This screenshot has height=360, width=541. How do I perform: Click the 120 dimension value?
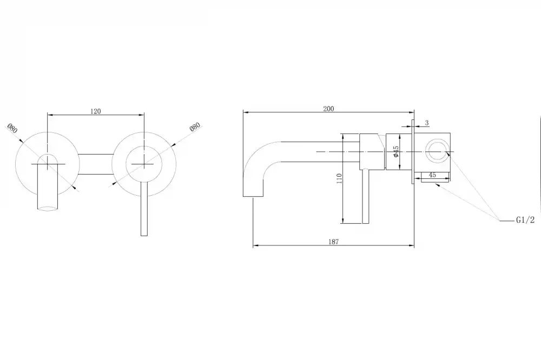click(x=96, y=111)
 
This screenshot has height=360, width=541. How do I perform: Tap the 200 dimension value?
click(x=328, y=109)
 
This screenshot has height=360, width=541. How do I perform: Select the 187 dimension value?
click(x=333, y=242)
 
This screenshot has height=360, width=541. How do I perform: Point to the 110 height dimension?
click(x=339, y=178)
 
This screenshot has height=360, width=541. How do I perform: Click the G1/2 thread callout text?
click(x=525, y=220)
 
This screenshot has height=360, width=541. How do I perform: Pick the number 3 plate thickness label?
click(x=427, y=123)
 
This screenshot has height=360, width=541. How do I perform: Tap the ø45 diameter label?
click(x=396, y=152)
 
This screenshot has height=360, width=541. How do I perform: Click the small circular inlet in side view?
click(x=437, y=152)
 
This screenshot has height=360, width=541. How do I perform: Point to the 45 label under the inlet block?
click(x=432, y=175)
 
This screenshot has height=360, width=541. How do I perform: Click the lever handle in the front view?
click(x=144, y=208)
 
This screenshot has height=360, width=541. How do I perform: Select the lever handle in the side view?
click(x=365, y=197)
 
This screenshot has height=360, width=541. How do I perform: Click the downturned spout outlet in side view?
click(x=253, y=196)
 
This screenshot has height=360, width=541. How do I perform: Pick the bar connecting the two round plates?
click(x=96, y=164)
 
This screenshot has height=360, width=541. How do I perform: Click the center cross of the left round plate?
click(x=47, y=164)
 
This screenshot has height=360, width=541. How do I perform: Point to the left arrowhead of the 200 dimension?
click(x=246, y=112)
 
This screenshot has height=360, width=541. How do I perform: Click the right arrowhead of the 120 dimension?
click(x=141, y=115)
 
